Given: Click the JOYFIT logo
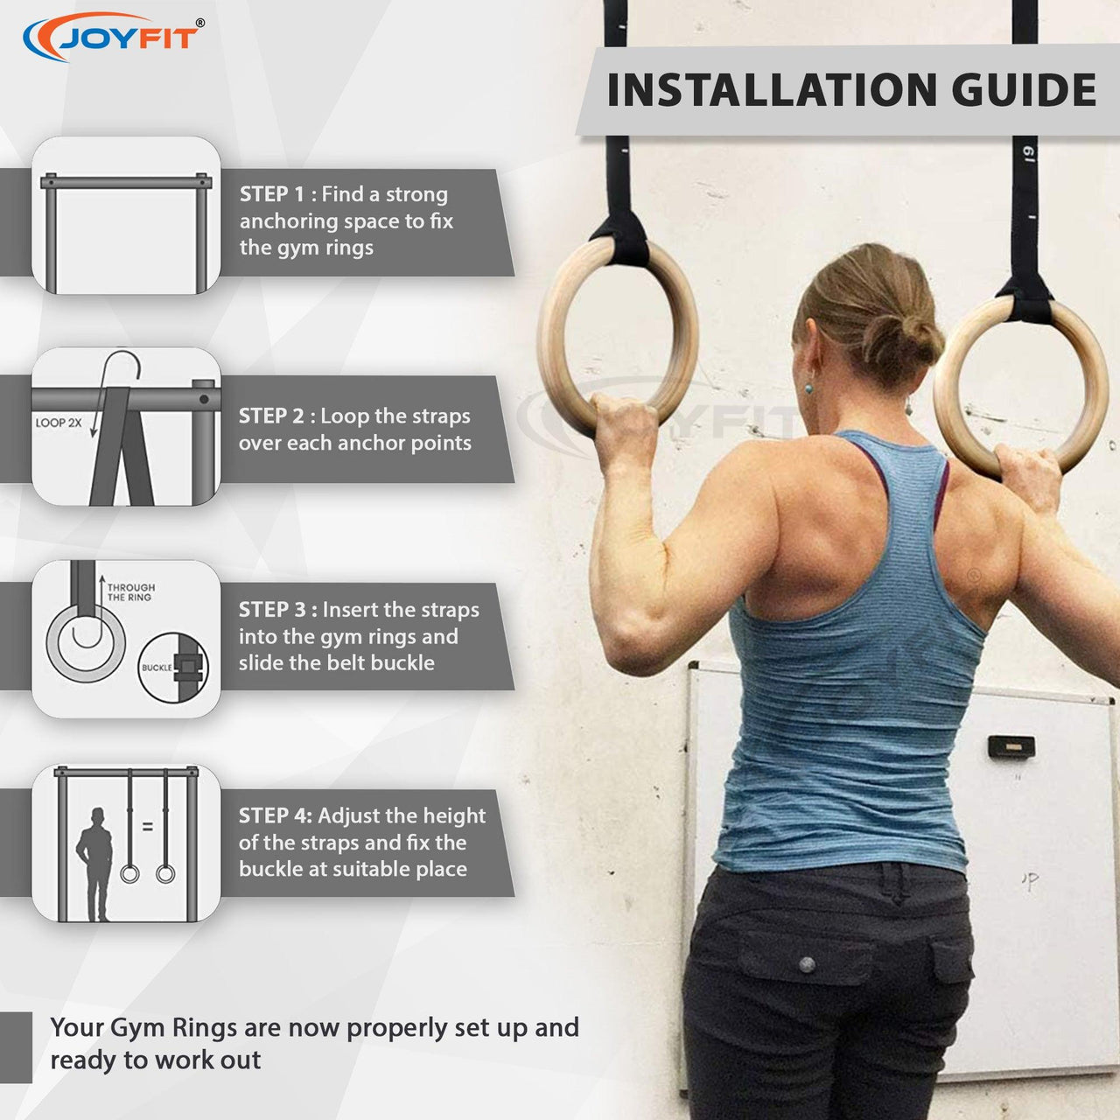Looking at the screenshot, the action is click(x=114, y=37).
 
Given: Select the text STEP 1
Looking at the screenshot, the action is click(x=272, y=194).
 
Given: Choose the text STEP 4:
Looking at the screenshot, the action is click(x=276, y=816).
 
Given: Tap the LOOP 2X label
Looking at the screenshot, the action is click(x=58, y=423).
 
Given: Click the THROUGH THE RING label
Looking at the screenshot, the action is click(x=130, y=592).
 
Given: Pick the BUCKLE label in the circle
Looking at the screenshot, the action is click(x=157, y=668).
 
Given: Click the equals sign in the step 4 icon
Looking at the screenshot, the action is click(x=148, y=826).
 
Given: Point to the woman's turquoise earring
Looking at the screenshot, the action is click(x=808, y=387).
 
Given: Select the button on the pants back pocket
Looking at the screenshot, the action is click(x=807, y=965).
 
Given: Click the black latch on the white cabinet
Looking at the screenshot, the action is click(x=1011, y=746).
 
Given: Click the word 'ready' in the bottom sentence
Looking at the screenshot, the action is click(x=81, y=1060).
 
